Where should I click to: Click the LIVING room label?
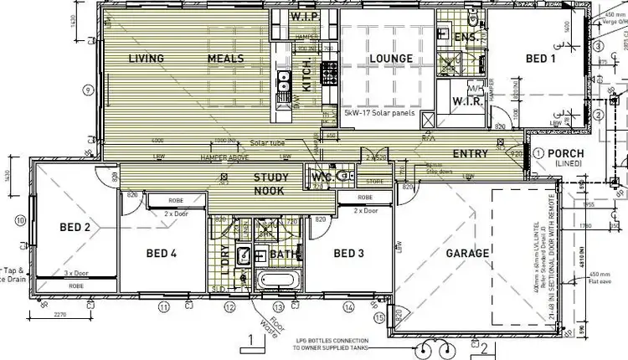tap(146, 59)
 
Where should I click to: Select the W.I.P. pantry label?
tap(301, 16)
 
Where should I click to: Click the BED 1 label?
tap(540, 59)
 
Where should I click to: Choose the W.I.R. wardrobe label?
tap(465, 101)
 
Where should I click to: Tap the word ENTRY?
tap(470, 154)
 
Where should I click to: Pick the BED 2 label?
tap(75, 227)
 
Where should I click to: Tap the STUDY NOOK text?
tap(271, 183)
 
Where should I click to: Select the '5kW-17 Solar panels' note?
tap(379, 111)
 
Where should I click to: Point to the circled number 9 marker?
tap(86, 90)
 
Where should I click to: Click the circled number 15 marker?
tap(378, 318)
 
